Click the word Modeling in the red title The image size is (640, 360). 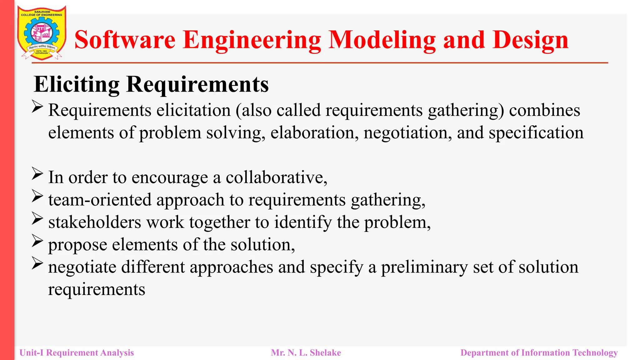point(382,40)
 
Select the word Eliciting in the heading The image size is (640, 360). point(77,84)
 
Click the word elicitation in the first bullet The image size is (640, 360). point(193,110)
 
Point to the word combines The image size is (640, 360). point(544,110)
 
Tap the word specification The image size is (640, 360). point(536,132)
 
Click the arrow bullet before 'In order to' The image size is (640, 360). point(37,174)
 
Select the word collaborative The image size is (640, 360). point(276,177)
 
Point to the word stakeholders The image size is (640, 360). point(95,222)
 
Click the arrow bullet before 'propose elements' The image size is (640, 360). point(37,241)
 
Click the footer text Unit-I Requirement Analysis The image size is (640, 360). point(77,352)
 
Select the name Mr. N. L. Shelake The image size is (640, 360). point(306,352)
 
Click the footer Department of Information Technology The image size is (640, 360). point(539,352)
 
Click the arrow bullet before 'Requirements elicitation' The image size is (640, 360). point(37,107)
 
